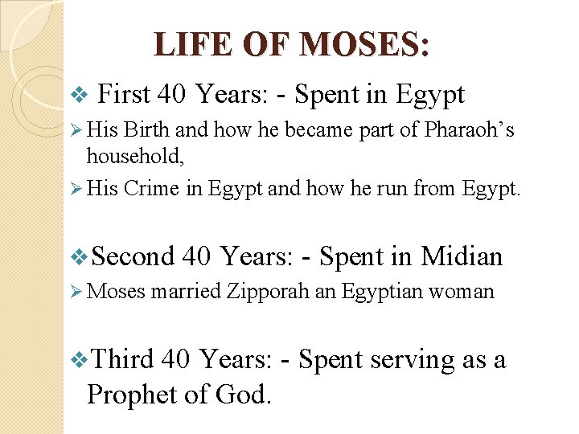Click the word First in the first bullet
coord(124,94)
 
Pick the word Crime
coord(152,188)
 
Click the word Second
coord(133,256)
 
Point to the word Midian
coord(462,256)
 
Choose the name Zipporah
coord(269,291)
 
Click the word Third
coord(123,358)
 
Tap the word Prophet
coord(132,394)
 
